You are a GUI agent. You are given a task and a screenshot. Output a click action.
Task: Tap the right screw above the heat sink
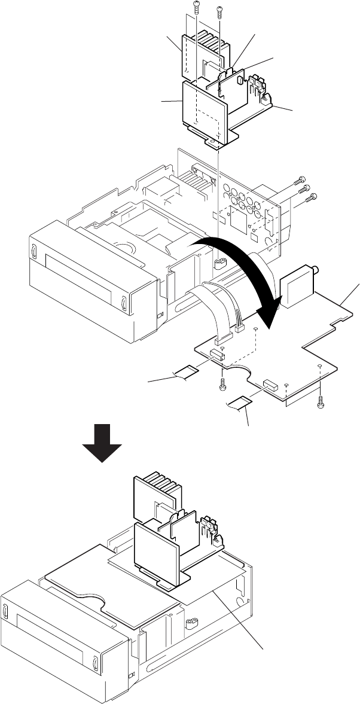(x=219, y=9)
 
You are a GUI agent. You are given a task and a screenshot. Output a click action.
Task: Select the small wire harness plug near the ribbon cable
(x=240, y=328)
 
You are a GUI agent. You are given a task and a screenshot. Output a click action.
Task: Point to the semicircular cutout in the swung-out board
(x=237, y=376)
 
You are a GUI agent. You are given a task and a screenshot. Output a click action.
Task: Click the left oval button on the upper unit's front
(x=34, y=249)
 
